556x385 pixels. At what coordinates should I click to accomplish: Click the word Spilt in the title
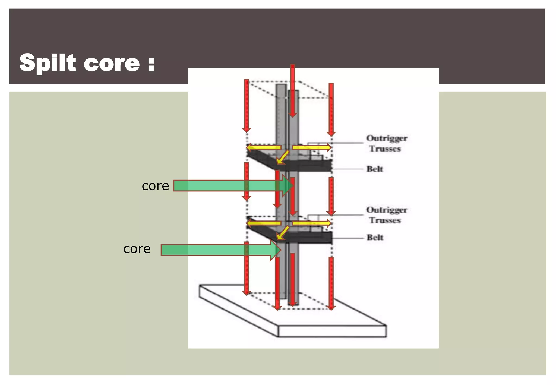[48, 63]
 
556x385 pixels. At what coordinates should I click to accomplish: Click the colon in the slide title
[151, 64]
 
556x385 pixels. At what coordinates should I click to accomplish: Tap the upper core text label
[155, 186]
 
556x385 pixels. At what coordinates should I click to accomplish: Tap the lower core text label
[137, 249]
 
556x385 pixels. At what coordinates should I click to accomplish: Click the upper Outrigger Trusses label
[386, 143]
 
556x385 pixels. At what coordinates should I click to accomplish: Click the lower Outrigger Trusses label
[386, 215]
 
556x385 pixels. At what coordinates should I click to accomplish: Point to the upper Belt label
[375, 169]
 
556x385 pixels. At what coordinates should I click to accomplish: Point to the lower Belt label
[375, 238]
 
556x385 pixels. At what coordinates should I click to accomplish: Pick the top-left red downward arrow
[246, 106]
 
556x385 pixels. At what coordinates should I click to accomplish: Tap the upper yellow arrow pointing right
[312, 147]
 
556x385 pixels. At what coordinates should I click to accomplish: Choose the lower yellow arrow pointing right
[312, 223]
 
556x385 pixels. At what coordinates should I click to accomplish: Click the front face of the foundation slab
[332, 332]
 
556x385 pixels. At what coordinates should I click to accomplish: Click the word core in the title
[112, 64]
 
